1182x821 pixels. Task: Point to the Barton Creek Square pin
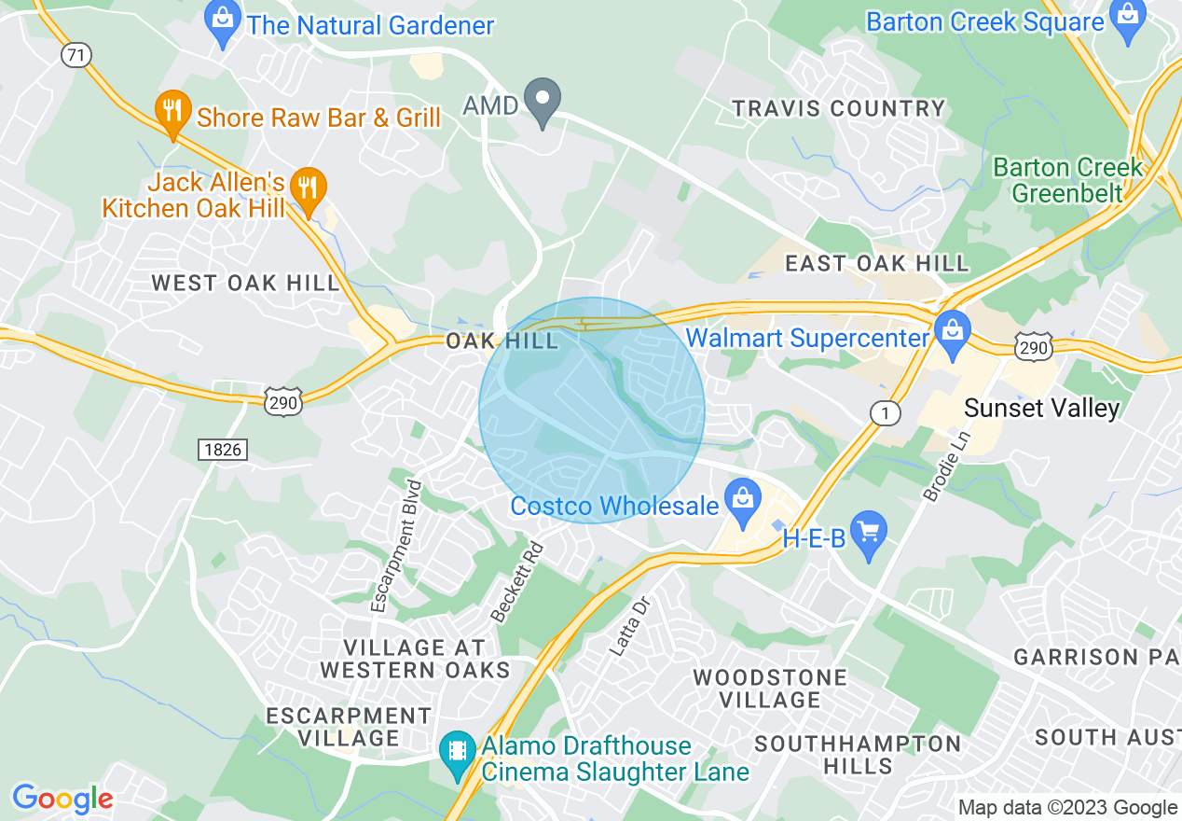(1128, 21)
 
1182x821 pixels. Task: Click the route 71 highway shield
(76, 55)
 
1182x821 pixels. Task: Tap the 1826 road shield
(222, 450)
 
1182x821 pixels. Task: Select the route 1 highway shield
(882, 411)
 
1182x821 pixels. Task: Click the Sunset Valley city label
(1041, 408)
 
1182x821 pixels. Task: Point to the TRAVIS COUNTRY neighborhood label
(839, 108)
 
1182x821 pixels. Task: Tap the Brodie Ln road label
(947, 467)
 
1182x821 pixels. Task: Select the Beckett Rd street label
(515, 583)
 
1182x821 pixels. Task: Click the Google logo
(62, 799)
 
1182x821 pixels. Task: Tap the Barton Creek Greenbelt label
(1067, 180)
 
